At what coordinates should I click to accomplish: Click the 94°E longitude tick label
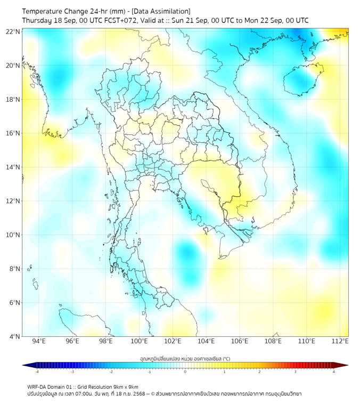coord(39,341)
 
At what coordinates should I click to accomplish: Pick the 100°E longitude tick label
coord(139,341)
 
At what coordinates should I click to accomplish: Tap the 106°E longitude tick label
coord(240,341)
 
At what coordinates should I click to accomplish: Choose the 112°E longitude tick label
coord(340,341)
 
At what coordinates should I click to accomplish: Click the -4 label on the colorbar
coord(37,372)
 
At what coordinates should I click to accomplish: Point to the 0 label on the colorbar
coord(185,372)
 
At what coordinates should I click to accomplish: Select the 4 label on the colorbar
coord(334,372)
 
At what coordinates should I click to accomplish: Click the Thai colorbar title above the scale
coord(185,358)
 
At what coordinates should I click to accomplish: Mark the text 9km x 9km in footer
coord(124,386)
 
